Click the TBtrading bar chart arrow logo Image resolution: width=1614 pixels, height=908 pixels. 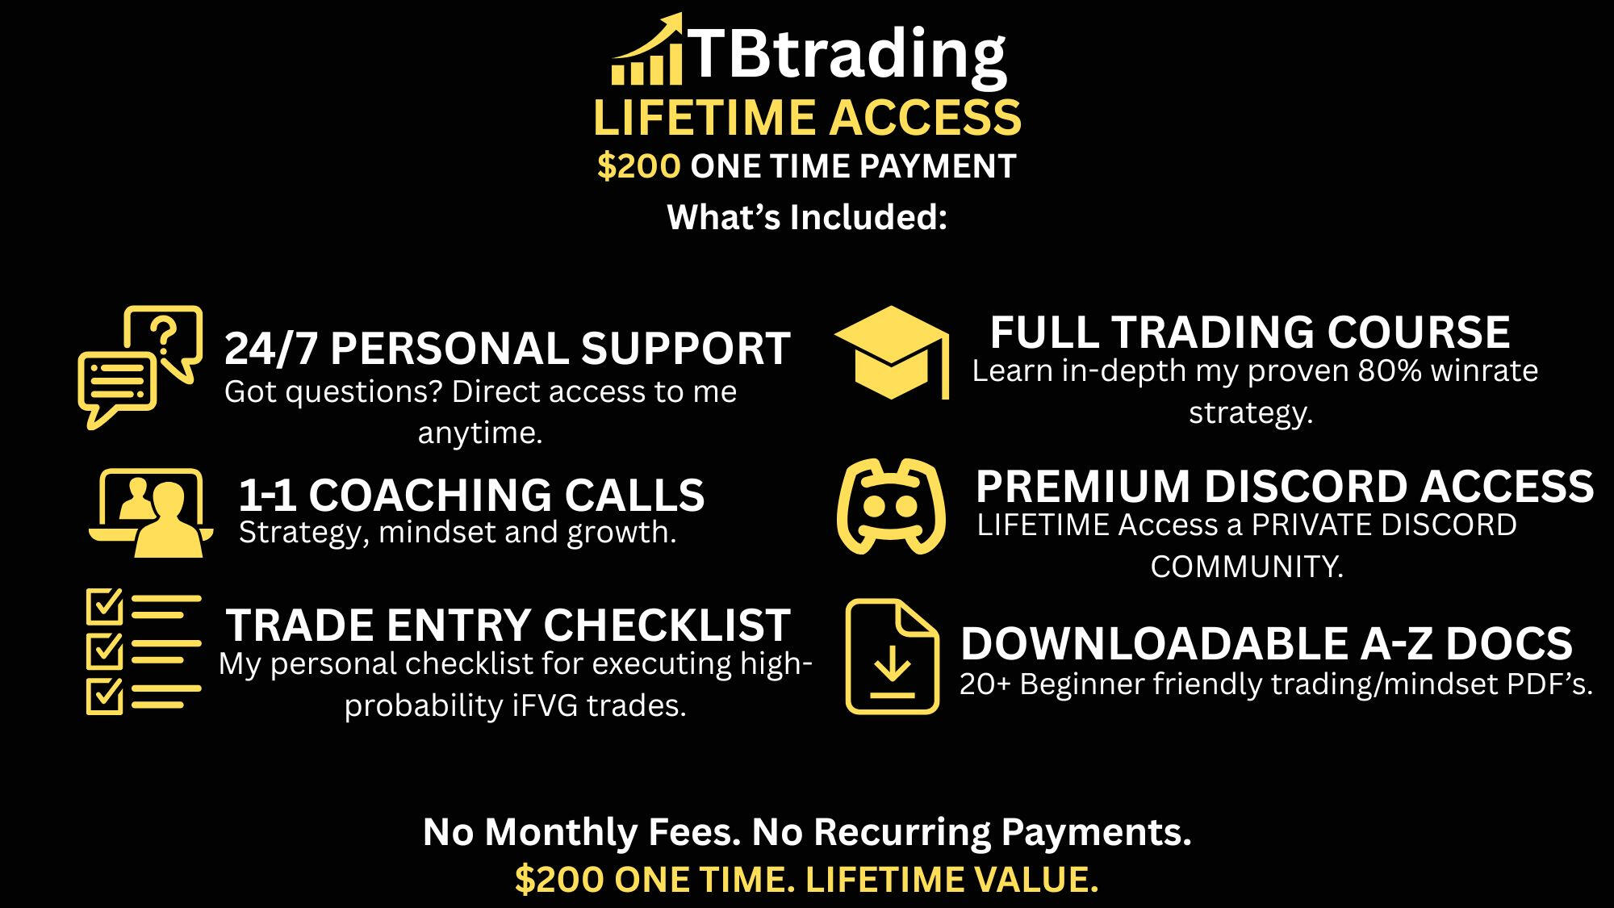[x=647, y=49]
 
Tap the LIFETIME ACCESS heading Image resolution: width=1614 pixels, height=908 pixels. [x=807, y=118]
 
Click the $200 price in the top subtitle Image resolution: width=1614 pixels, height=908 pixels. [x=638, y=166]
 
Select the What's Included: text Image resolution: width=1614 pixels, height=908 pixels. [x=807, y=217]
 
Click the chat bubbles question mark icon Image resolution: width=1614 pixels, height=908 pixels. [x=140, y=367]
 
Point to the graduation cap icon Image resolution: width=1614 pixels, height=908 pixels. [x=891, y=353]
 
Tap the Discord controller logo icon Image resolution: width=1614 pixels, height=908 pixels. [x=891, y=507]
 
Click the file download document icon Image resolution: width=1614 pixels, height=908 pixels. [x=892, y=656]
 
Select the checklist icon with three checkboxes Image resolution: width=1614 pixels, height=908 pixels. [x=144, y=651]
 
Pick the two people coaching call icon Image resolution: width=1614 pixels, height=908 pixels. [x=151, y=513]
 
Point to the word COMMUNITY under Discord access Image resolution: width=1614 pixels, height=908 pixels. [x=1247, y=567]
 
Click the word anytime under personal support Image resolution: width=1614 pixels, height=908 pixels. [x=479, y=433]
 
